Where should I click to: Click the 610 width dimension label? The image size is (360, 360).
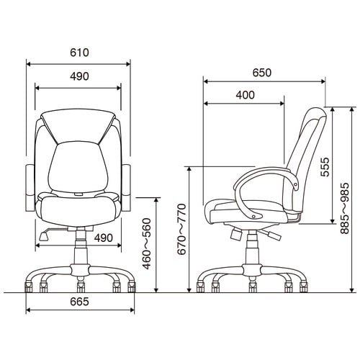coord(79,53)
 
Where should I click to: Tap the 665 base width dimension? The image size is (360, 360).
coord(79,302)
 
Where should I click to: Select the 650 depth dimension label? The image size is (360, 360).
coord(262,73)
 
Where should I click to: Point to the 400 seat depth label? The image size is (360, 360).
coord(245,95)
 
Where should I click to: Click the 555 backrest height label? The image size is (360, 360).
coord(325,167)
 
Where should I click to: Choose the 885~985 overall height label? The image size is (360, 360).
coord(345,208)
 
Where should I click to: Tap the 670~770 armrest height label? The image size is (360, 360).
coord(181,229)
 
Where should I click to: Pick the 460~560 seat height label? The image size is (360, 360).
coord(146,243)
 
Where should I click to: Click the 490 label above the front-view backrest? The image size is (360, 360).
coord(79,76)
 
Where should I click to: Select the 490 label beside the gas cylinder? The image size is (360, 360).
coord(103,238)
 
